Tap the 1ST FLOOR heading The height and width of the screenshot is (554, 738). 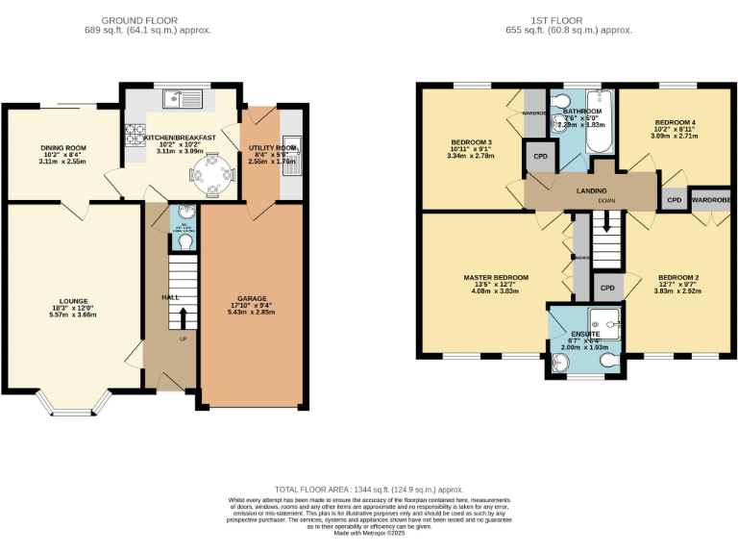569,19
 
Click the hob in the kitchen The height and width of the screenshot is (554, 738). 133,138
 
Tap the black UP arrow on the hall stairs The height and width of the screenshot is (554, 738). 183,316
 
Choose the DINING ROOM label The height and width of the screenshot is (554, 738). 63,148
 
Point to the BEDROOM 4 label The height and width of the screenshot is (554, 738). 675,123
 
